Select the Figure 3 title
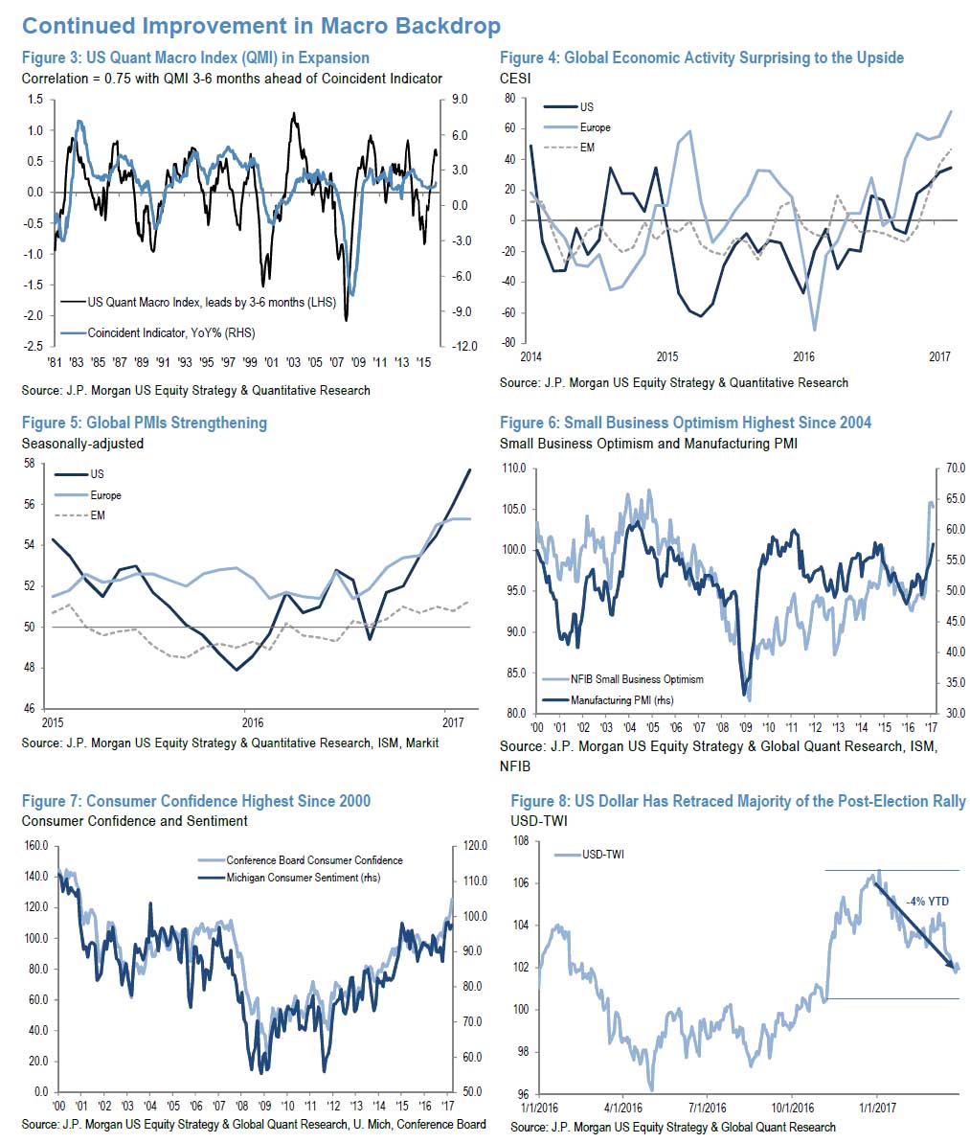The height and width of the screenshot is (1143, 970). [x=195, y=57]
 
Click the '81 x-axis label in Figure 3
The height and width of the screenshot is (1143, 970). [x=54, y=362]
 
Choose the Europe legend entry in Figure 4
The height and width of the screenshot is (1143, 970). [x=595, y=127]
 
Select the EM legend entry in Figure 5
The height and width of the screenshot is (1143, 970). [x=97, y=515]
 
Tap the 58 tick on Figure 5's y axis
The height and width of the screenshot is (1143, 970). [x=29, y=464]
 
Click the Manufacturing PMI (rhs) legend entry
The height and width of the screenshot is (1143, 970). [x=621, y=700]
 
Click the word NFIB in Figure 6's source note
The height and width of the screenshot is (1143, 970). [x=514, y=766]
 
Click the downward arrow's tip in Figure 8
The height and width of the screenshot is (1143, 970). [x=955, y=972]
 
